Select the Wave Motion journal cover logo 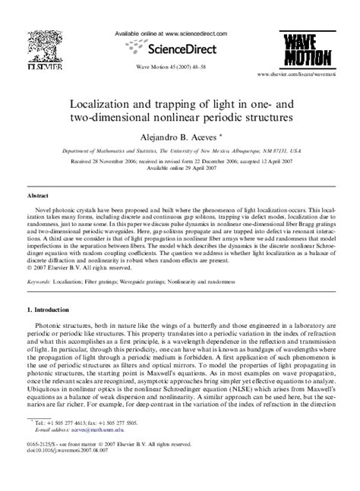[313, 49]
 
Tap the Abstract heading [39, 196]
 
